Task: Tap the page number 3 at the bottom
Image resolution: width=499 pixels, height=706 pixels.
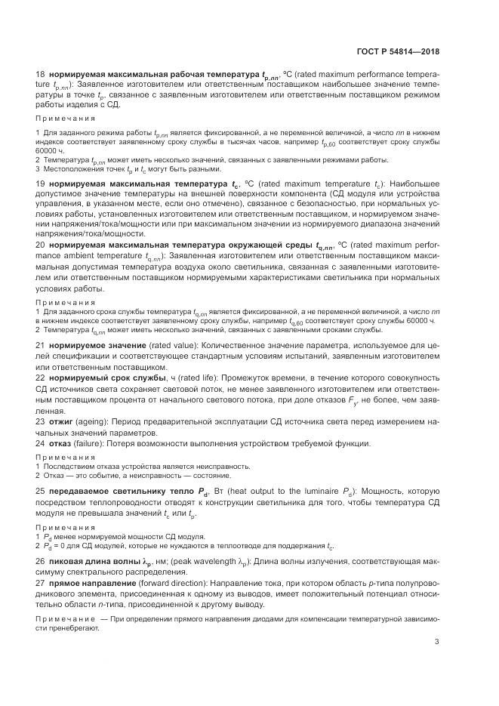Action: pyautogui.click(x=436, y=643)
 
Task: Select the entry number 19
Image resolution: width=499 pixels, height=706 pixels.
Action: pyautogui.click(x=41, y=184)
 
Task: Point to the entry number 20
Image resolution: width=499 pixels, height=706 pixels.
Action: pyautogui.click(x=41, y=266)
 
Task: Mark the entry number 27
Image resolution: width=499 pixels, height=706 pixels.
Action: pyautogui.click(x=41, y=584)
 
